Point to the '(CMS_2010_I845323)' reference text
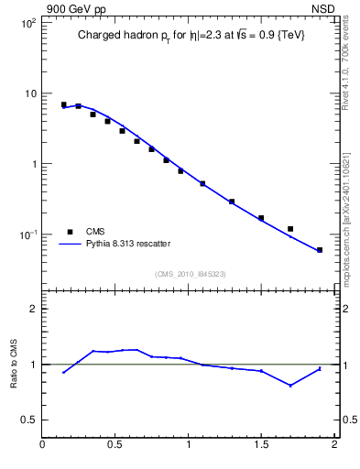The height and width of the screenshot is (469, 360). coord(191,273)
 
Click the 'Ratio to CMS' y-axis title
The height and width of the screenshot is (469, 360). coord(14,365)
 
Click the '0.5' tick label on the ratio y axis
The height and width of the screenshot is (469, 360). coord(27,420)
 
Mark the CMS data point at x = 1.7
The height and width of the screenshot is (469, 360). coord(290,229)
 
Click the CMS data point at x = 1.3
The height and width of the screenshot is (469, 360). coord(232,202)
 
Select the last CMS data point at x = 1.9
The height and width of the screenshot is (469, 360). coord(320,250)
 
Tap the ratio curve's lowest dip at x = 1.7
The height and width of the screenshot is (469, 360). coord(290,386)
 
